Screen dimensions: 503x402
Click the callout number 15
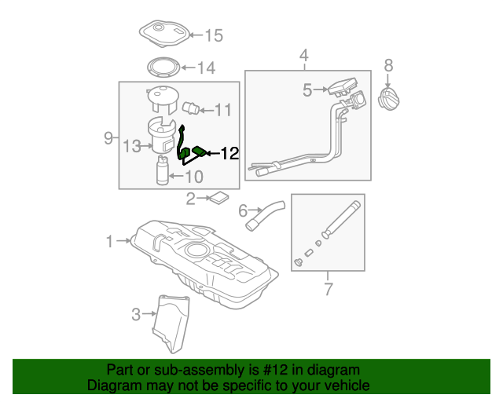(x=214, y=35)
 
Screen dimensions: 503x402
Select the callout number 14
(x=206, y=68)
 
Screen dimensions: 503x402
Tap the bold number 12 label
(x=230, y=154)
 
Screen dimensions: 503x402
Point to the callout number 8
(x=388, y=65)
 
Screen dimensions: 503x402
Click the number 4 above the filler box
(x=304, y=56)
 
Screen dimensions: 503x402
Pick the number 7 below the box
(x=329, y=289)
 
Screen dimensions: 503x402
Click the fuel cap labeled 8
(x=389, y=99)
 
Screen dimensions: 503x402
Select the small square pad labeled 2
(x=219, y=198)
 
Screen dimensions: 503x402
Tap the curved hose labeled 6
(x=265, y=215)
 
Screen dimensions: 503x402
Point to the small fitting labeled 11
(x=190, y=108)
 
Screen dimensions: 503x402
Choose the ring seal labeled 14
(x=163, y=68)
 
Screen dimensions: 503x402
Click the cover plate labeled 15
(x=164, y=34)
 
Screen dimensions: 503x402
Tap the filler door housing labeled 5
(x=343, y=86)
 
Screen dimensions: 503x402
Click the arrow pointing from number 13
(x=147, y=146)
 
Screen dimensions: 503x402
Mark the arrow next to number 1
(x=124, y=240)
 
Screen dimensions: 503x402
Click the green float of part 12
(x=199, y=151)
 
